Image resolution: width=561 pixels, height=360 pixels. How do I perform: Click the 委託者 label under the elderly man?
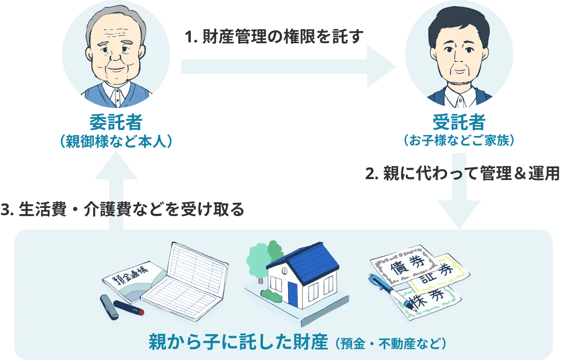(116, 122)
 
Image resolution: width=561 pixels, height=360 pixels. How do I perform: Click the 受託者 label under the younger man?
(458, 122)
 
